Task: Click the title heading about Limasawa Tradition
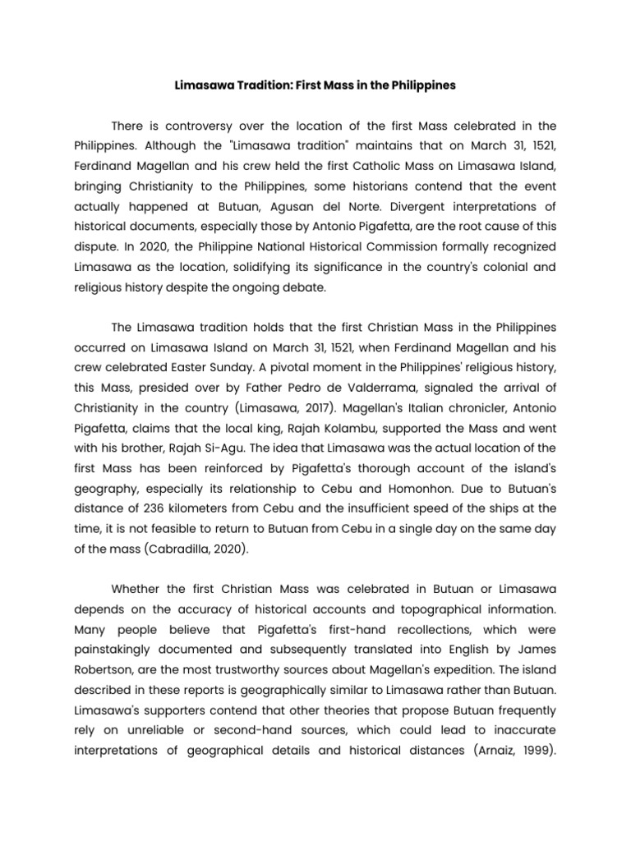[315, 85]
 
